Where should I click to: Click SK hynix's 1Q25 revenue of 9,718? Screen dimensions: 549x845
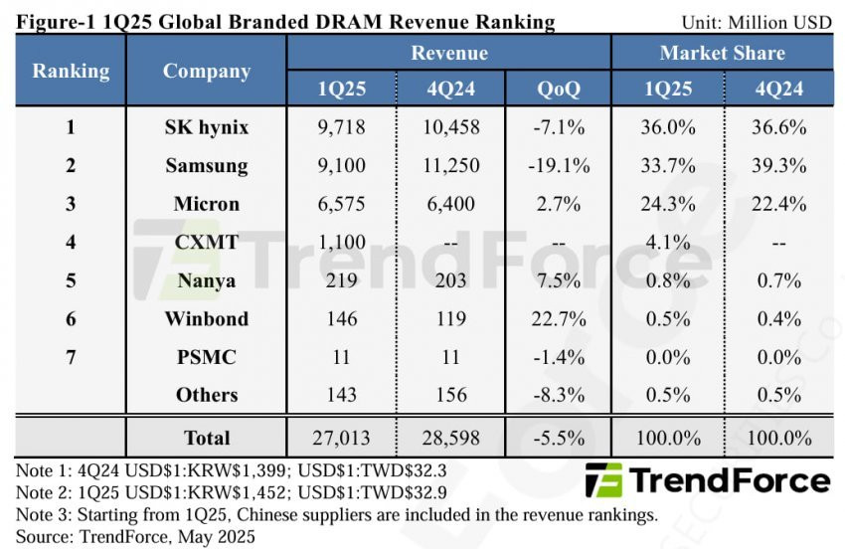coord(341,127)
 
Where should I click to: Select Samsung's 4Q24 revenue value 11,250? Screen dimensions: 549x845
coord(450,165)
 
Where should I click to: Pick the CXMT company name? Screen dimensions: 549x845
coord(207,242)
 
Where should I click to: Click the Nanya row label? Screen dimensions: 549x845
coord(207,280)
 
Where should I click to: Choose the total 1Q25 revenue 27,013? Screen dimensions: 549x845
coord(341,437)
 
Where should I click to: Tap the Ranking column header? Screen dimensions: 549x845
coord(71,71)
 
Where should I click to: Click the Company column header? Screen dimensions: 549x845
coord(207,71)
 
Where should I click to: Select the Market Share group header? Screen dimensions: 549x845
coord(722,53)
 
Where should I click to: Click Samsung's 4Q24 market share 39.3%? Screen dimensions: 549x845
coord(776,165)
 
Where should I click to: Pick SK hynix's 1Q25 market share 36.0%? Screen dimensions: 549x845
coord(666,127)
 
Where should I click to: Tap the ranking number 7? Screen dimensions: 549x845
coord(71,357)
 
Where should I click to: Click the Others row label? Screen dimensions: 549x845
coord(207,395)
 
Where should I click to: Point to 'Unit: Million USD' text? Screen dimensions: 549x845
coord(757,22)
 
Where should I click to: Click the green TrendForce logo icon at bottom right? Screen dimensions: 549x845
coord(603,480)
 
